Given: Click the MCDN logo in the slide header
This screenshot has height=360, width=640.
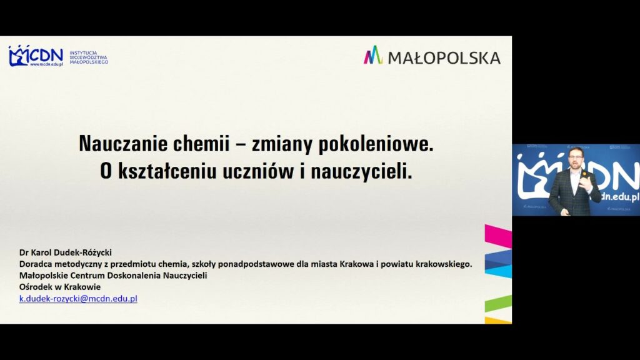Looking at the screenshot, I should point(36,56).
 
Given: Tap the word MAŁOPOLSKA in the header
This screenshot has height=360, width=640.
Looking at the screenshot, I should point(444,57).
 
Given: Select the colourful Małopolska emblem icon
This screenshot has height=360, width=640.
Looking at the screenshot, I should point(373,56).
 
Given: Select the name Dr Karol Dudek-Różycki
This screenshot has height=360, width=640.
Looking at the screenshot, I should point(65,252).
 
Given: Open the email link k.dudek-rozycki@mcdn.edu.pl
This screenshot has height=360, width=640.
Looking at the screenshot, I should point(78,299).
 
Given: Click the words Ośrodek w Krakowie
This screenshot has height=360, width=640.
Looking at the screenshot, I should point(60,287).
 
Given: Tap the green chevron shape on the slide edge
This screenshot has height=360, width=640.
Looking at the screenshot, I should point(498,304).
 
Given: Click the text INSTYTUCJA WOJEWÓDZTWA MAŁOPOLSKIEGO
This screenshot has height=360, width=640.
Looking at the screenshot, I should point(88,57).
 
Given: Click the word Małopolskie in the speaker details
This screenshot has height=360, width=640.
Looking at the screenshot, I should point(45,276).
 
